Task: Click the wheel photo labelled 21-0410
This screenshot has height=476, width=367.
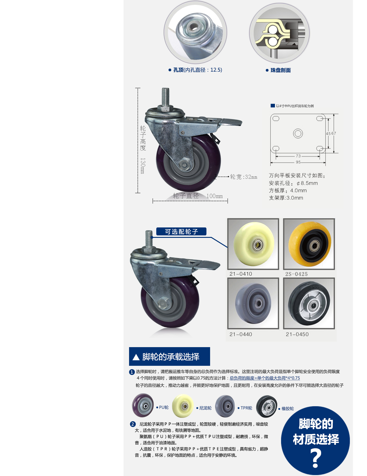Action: pos(253,244)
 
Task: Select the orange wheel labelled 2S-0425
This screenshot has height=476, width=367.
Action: pos(309,244)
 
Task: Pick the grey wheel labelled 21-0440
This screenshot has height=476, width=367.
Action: pos(253,303)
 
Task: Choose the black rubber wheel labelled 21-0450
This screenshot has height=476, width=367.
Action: pos(309,303)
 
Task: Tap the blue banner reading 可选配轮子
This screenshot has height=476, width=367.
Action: pos(181,232)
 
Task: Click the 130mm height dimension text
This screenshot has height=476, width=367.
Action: pos(143,166)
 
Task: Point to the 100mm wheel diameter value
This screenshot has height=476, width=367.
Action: pos(214,196)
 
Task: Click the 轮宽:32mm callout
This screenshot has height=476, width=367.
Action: pos(243,177)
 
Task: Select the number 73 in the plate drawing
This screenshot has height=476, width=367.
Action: pos(298,156)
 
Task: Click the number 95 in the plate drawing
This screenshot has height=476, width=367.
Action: pos(298,162)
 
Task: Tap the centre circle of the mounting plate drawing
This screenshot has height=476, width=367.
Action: pos(298,133)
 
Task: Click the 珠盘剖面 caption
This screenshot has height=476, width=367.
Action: pos(280,70)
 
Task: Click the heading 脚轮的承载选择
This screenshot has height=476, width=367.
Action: pos(171,357)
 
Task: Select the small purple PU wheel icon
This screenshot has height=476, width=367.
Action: pos(143,406)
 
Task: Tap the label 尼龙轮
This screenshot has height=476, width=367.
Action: pos(205,408)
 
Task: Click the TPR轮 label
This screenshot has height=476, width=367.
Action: pos(246,408)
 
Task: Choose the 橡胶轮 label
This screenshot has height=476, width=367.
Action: pos(287,409)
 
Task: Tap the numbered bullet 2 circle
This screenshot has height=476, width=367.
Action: pos(133,424)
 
